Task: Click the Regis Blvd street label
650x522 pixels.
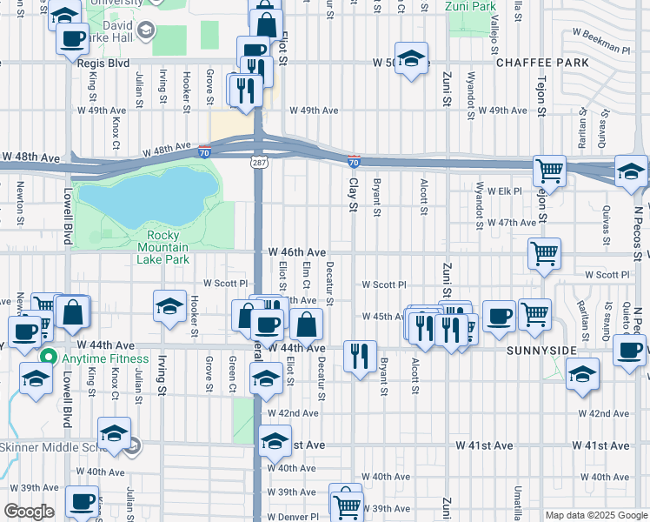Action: tap(103, 64)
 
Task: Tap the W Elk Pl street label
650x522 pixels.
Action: tap(504, 191)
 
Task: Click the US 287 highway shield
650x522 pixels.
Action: tap(261, 162)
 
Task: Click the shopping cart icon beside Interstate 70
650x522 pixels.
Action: tap(548, 170)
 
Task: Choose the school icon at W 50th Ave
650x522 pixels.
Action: tap(411, 57)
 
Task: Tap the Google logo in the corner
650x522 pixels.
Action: tap(29, 512)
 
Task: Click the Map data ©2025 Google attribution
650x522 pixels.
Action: tap(595, 515)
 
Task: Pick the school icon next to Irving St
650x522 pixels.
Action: tap(169, 305)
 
